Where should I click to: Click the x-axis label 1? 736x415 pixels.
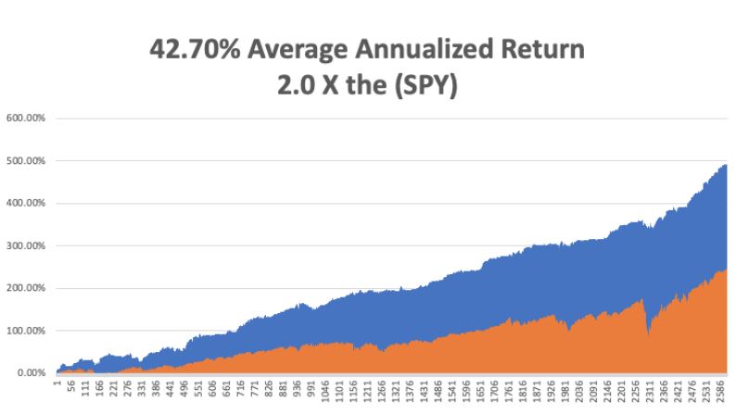(57, 382)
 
